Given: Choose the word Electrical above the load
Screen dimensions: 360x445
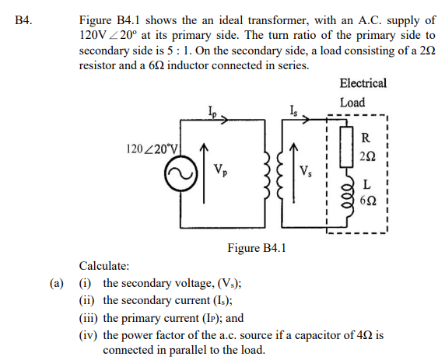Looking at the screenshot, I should tap(363, 83).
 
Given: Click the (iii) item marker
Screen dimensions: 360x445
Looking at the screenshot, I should tap(90, 317).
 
